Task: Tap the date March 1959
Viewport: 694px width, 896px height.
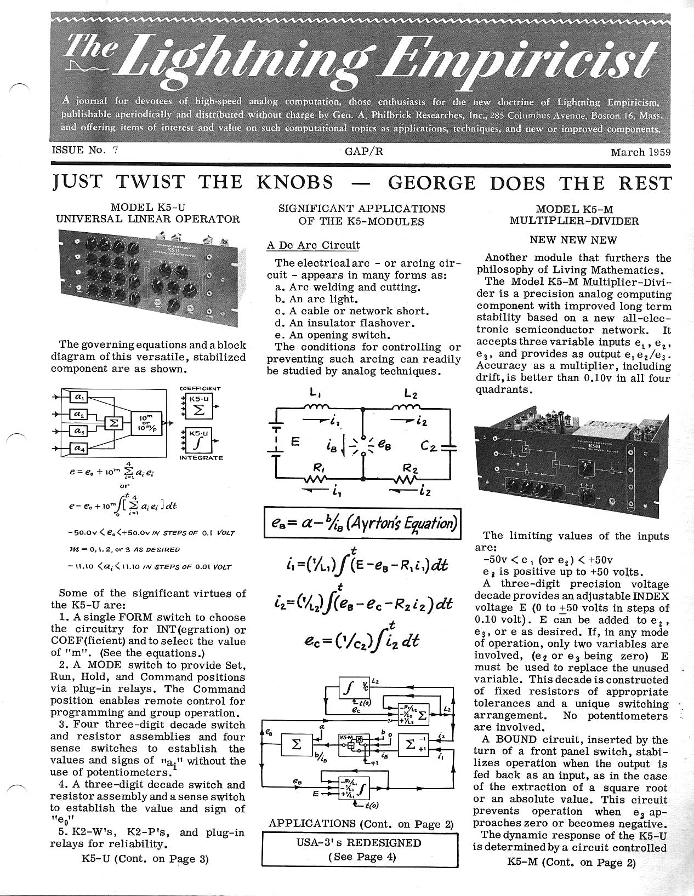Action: click(x=640, y=152)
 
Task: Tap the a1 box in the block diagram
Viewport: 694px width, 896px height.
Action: click(x=79, y=397)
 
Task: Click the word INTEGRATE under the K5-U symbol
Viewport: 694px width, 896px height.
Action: click(x=201, y=457)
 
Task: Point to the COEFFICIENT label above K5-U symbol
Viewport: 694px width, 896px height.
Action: click(x=200, y=389)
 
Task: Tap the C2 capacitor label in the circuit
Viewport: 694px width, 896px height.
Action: click(x=429, y=446)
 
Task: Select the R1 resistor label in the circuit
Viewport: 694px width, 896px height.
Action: click(x=317, y=469)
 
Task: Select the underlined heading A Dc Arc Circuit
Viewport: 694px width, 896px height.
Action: click(x=313, y=245)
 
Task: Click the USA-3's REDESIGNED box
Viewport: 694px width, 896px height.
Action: click(x=361, y=849)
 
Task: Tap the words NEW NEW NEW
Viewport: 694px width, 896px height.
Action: click(x=573, y=240)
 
